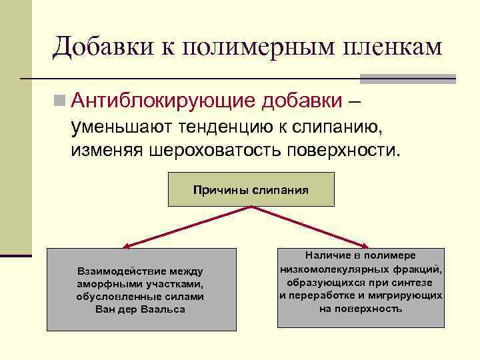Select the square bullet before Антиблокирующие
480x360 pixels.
61,101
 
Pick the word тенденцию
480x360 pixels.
231,126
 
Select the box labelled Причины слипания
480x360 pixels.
251,189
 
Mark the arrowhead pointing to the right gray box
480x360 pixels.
365,246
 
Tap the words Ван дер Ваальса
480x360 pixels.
141,309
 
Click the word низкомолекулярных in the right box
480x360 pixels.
336,269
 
